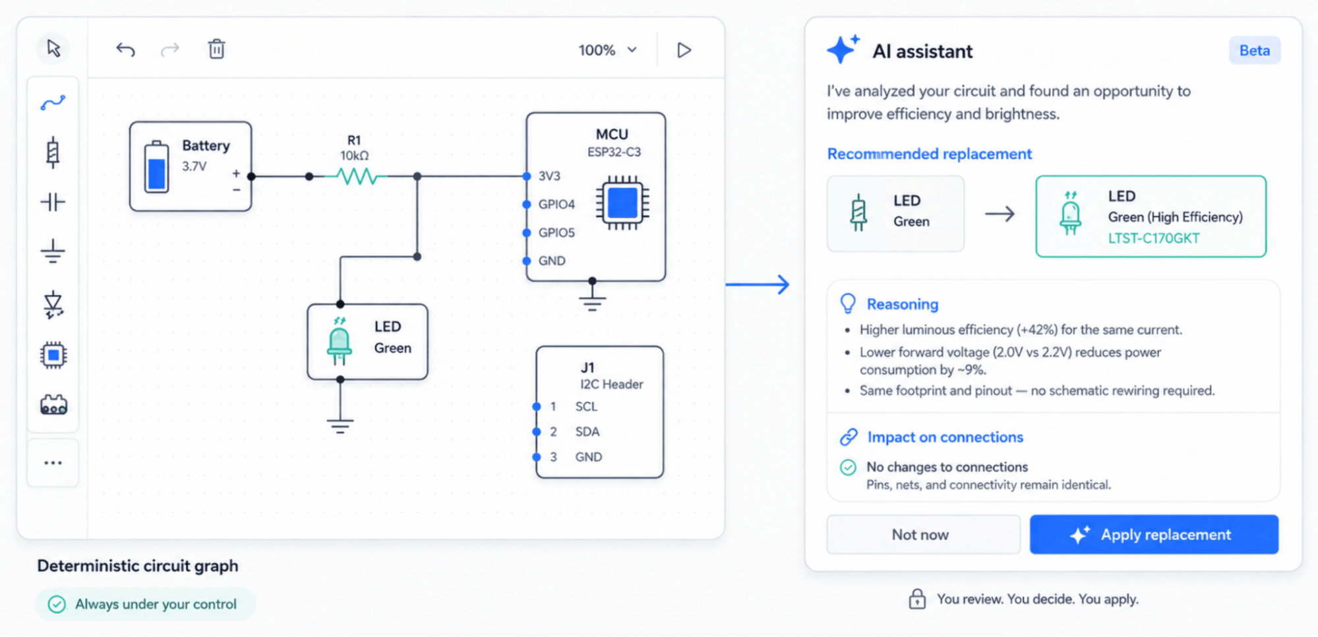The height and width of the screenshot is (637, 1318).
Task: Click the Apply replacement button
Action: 1154,534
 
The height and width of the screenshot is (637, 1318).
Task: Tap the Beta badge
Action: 1254,51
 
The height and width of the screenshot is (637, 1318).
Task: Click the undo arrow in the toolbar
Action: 125,49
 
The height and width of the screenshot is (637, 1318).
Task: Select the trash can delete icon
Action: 216,49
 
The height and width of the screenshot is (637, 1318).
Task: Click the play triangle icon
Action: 684,50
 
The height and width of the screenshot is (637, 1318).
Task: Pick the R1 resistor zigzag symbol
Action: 356,176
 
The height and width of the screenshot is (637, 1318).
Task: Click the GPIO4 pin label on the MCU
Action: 556,204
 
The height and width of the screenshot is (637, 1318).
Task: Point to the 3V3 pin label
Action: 549,176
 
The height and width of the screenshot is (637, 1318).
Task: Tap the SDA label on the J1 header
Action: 587,432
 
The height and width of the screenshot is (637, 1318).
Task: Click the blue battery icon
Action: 156,167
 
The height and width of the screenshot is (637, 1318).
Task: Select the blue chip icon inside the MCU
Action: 622,202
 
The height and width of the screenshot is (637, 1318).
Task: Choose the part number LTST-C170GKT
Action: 1154,238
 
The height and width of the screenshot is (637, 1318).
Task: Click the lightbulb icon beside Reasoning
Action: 848,303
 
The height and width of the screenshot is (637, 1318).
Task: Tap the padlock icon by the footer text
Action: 917,599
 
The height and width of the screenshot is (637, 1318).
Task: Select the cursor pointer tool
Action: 53,48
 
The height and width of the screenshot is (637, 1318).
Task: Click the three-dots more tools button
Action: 53,463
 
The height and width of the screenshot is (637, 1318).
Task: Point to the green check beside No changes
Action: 849,468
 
